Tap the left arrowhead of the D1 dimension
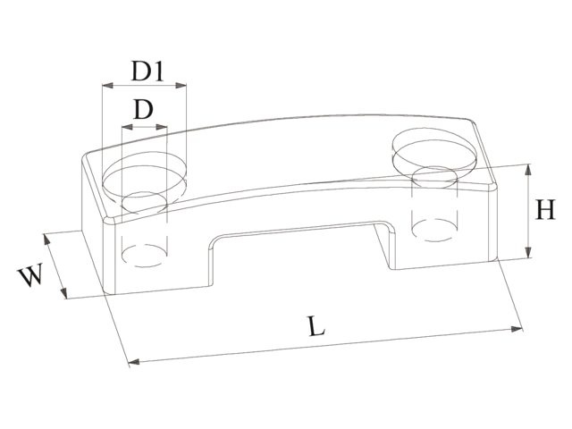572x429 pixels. [x=105, y=87]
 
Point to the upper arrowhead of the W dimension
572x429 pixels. [x=46, y=238]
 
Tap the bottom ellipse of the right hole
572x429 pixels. [x=433, y=231]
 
